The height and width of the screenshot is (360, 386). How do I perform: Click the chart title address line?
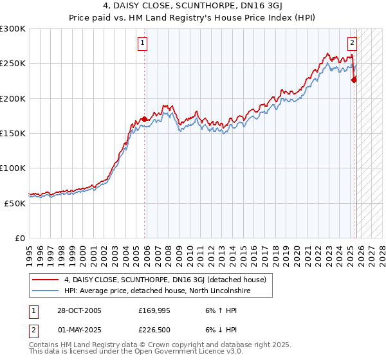[192, 6]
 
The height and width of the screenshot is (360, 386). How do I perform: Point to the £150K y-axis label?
[13, 134]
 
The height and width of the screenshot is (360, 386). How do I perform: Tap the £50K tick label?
[15, 203]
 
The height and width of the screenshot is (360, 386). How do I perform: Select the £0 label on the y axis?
[21, 238]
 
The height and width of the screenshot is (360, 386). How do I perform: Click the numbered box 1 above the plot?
[142, 44]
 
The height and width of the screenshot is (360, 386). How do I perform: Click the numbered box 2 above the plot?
[352, 44]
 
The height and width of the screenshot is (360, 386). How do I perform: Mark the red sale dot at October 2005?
[145, 120]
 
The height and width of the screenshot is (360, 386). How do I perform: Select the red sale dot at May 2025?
[354, 80]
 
